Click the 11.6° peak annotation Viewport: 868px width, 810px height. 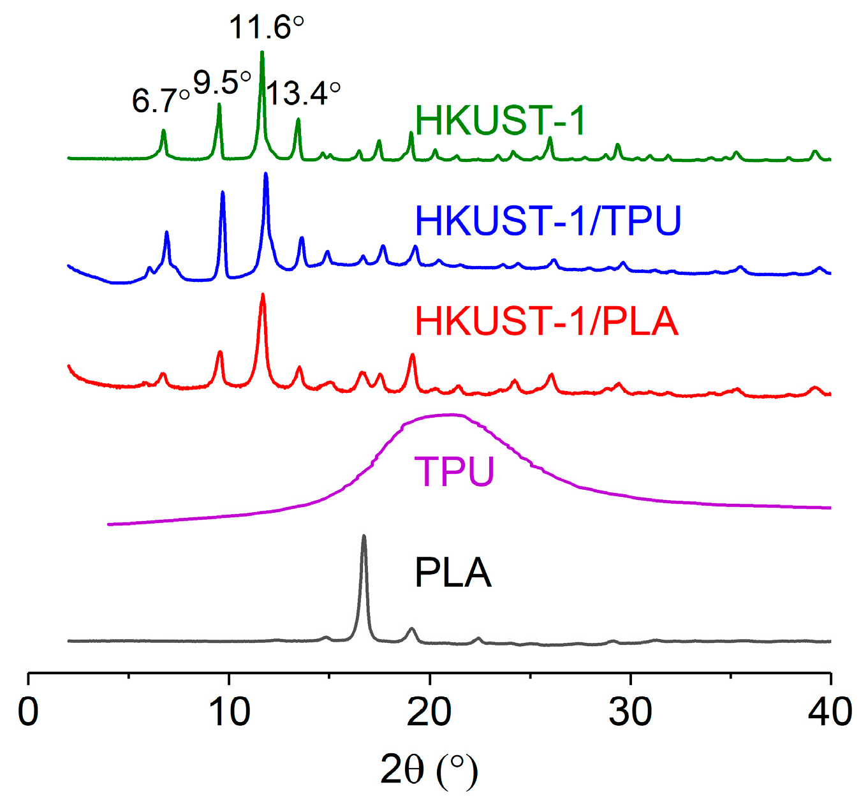click(x=266, y=28)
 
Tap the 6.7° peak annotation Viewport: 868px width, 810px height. click(x=161, y=100)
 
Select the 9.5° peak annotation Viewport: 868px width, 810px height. click(x=221, y=82)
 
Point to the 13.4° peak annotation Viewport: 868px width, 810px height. click(x=303, y=94)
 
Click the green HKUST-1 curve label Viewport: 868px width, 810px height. click(x=500, y=121)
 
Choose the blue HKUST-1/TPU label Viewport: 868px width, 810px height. click(x=548, y=221)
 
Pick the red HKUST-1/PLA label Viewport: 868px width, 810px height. click(x=546, y=321)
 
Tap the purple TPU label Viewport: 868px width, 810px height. click(x=454, y=472)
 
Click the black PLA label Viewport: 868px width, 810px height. click(x=453, y=573)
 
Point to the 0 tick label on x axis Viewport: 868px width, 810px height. click(x=29, y=712)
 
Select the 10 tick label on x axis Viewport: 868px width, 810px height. click(x=229, y=712)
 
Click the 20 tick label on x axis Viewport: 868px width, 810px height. click(x=429, y=712)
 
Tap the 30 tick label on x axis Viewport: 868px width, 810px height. click(x=630, y=712)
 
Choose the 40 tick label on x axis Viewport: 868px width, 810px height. click(x=830, y=712)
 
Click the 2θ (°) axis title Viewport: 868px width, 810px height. click(x=429, y=770)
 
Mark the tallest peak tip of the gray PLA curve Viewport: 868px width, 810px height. click(x=364, y=536)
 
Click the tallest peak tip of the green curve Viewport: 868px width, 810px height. click(x=262, y=52)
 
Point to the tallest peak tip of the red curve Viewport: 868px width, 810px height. click(x=262, y=294)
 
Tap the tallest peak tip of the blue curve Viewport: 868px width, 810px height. click(x=265, y=173)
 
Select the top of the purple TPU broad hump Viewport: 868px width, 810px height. click(x=450, y=415)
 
